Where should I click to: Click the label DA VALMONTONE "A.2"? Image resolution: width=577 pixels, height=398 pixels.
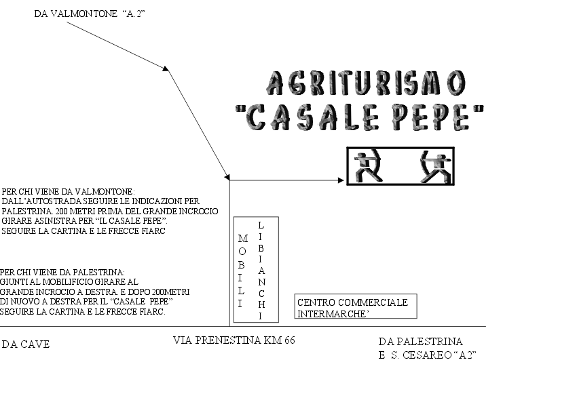tap(90, 14)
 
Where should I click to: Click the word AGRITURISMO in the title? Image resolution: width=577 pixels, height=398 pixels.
tap(366, 83)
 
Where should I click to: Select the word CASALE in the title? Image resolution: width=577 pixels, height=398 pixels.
tap(312, 117)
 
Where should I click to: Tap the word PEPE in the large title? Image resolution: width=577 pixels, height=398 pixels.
tap(430, 117)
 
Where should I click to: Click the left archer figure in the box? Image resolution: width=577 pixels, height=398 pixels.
tap(369, 165)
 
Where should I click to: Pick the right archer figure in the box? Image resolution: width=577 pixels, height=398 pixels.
tap(435, 167)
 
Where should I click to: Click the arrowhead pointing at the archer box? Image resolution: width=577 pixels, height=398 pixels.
tap(341, 180)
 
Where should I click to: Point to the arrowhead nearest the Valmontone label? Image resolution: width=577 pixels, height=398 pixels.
tap(166, 68)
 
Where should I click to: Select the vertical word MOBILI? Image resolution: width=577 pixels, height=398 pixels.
tap(242, 271)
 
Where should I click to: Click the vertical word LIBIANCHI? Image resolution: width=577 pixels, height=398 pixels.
tap(261, 270)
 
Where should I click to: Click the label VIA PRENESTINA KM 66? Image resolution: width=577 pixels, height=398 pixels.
tap(234, 340)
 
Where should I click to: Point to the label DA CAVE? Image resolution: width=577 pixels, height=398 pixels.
tap(26, 344)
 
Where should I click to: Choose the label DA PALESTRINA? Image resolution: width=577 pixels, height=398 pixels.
tap(421, 342)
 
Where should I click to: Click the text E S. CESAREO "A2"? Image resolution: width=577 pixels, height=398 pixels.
tap(427, 355)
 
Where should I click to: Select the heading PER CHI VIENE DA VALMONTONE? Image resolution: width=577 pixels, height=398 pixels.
tap(68, 191)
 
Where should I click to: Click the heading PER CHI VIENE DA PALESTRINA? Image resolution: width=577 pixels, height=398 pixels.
tap(62, 273)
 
